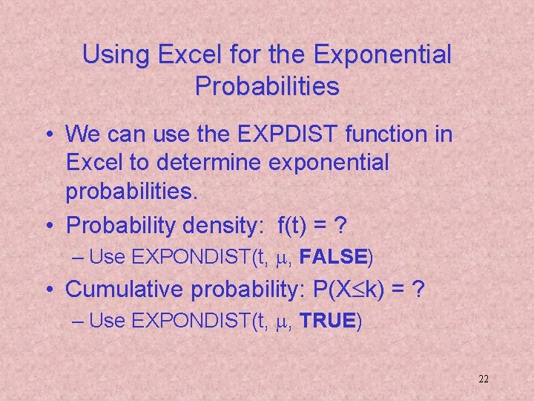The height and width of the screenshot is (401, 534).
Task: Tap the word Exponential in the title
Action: (383, 55)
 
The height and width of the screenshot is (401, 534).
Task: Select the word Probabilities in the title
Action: (267, 87)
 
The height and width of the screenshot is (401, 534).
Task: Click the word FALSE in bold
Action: (334, 258)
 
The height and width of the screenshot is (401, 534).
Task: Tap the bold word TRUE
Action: (329, 323)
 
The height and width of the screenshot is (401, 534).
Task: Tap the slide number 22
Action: (483, 379)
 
